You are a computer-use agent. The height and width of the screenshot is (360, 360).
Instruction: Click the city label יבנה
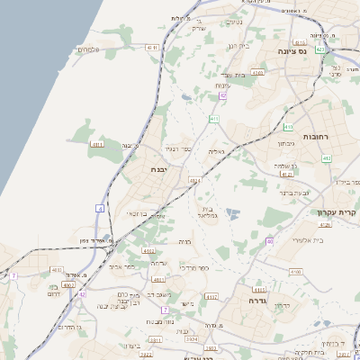[x=159, y=169]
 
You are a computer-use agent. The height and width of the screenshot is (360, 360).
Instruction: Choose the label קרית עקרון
[x=337, y=212]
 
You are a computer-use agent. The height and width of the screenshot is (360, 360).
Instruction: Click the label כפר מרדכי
[x=193, y=268]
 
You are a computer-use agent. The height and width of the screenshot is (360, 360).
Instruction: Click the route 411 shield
[x=214, y=119]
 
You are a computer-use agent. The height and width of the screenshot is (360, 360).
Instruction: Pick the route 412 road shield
[x=327, y=158]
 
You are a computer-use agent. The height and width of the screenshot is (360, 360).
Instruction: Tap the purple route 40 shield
[x=269, y=241]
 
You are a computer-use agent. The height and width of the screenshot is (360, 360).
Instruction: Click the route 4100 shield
[x=296, y=270]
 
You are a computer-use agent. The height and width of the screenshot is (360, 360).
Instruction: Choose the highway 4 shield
[x=100, y=208]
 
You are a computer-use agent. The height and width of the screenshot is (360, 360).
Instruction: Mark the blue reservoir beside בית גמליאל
[x=233, y=214]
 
